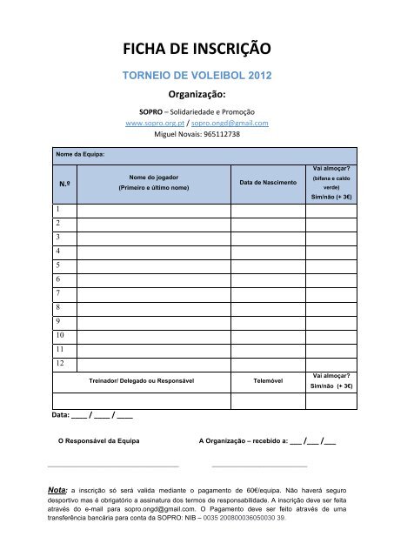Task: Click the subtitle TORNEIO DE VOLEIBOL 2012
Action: [197, 76]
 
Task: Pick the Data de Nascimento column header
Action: [260, 183]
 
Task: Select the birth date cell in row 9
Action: [260, 320]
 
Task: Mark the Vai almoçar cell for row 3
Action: [331, 238]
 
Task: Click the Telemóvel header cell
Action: [260, 381]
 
